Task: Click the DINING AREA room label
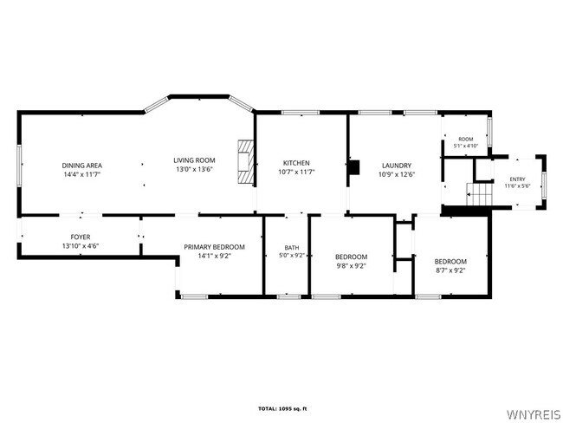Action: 82,166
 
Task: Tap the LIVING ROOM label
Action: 194,160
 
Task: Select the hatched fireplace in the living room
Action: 246,161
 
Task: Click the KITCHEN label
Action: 296,163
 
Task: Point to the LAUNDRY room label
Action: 397,166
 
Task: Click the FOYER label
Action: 81,238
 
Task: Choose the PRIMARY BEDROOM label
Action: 214,247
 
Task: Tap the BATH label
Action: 292,248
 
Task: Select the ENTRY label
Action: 517,179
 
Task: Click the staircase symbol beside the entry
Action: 479,194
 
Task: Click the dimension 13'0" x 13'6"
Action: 194,169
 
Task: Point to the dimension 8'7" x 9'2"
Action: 450,270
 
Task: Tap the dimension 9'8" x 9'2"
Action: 351,266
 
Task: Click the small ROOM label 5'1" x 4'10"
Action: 466,142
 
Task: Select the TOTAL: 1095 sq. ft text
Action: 282,408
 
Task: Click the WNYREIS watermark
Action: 534,414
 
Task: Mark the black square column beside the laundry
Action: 353,167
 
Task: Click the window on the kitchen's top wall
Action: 301,113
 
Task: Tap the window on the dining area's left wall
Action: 19,166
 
